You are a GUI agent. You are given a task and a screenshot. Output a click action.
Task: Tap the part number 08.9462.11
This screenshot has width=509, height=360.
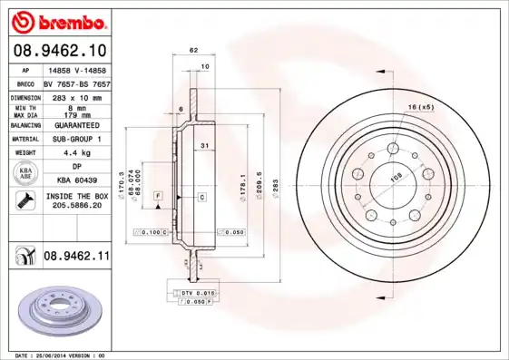(x=76, y=257)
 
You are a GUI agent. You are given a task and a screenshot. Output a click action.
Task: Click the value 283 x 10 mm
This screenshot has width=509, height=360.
(x=75, y=96)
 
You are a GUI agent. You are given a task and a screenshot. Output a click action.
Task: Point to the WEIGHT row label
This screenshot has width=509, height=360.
(x=24, y=153)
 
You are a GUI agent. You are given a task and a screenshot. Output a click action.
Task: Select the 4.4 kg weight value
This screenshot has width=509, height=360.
(x=75, y=153)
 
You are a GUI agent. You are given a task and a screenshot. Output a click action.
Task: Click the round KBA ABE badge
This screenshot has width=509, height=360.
(x=25, y=173)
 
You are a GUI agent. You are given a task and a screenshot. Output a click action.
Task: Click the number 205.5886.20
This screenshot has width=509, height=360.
(x=76, y=206)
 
